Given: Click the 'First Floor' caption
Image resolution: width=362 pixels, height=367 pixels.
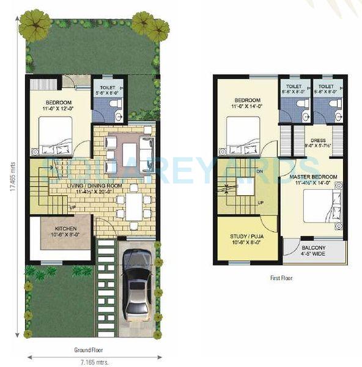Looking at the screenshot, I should (281, 278).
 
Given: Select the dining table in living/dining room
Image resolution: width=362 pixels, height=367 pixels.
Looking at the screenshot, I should (134, 207).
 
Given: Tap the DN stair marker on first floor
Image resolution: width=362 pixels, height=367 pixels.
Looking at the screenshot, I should (260, 171).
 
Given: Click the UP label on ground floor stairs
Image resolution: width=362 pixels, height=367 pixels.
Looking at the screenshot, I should (72, 207).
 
